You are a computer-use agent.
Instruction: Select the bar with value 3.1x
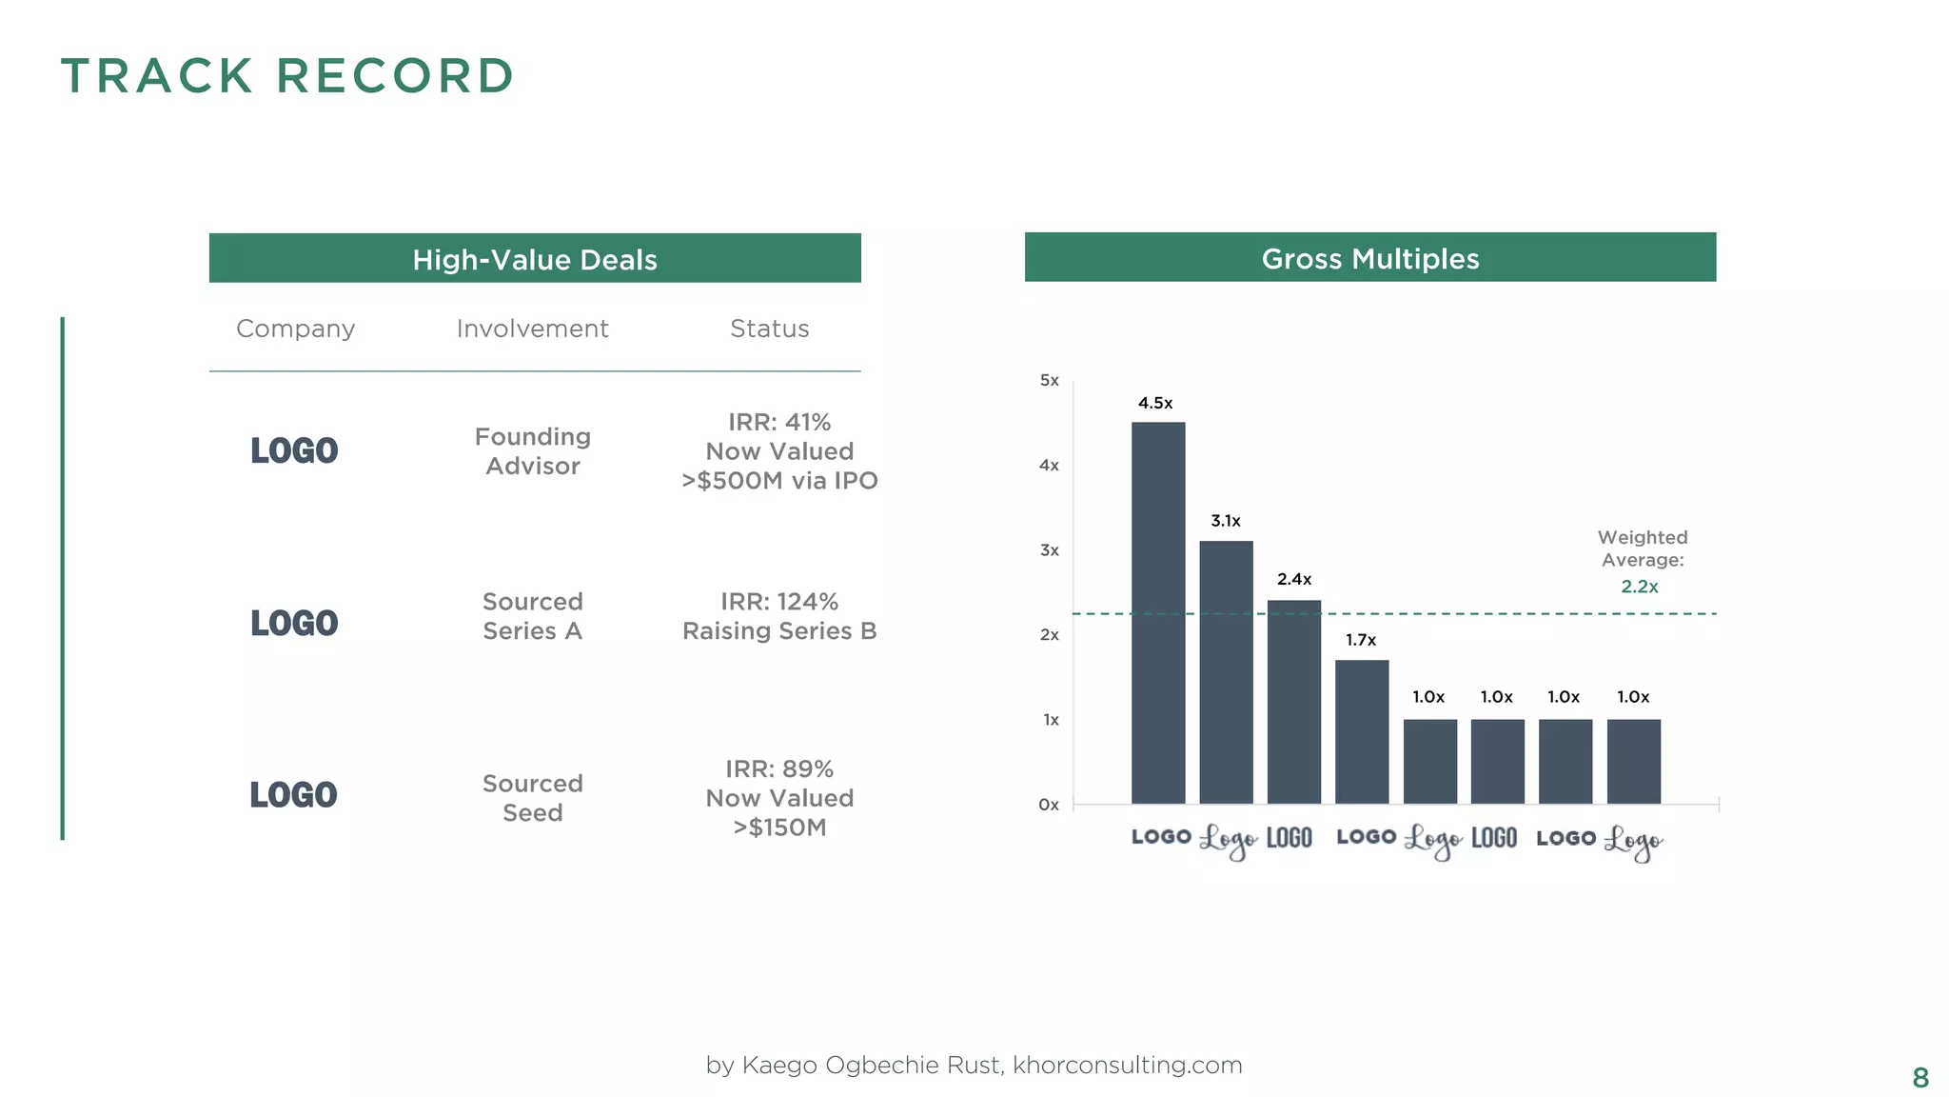pyautogui.click(x=1226, y=672)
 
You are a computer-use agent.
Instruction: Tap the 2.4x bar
pyautogui.click(x=1294, y=702)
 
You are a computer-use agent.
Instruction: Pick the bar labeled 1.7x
pyautogui.click(x=1362, y=731)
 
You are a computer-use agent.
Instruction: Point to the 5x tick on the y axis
pyautogui.click(x=1049, y=381)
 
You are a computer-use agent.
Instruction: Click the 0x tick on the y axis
pyautogui.click(x=1049, y=805)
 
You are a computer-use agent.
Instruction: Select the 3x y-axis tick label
pyautogui.click(x=1049, y=550)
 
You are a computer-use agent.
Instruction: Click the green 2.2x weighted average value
pyautogui.click(x=1640, y=587)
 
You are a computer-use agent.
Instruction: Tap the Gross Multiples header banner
pyautogui.click(x=1370, y=258)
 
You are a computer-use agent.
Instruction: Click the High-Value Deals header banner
pyautogui.click(x=535, y=259)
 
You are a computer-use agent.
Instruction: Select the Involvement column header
pyautogui.click(x=532, y=329)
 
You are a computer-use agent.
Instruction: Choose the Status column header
pyautogui.click(x=769, y=329)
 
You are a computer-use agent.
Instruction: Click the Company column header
pyautogui.click(x=295, y=329)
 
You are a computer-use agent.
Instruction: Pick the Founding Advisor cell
pyautogui.click(x=533, y=451)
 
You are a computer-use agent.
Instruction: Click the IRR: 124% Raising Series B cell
pyautogui.click(x=779, y=616)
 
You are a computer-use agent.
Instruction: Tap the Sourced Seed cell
pyautogui.click(x=533, y=798)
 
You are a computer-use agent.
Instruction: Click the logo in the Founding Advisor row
pyautogui.click(x=294, y=450)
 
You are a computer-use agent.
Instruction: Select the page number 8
pyautogui.click(x=1920, y=1078)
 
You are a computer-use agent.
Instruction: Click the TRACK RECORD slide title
pyautogui.click(x=287, y=76)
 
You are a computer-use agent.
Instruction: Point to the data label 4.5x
pyautogui.click(x=1155, y=403)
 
